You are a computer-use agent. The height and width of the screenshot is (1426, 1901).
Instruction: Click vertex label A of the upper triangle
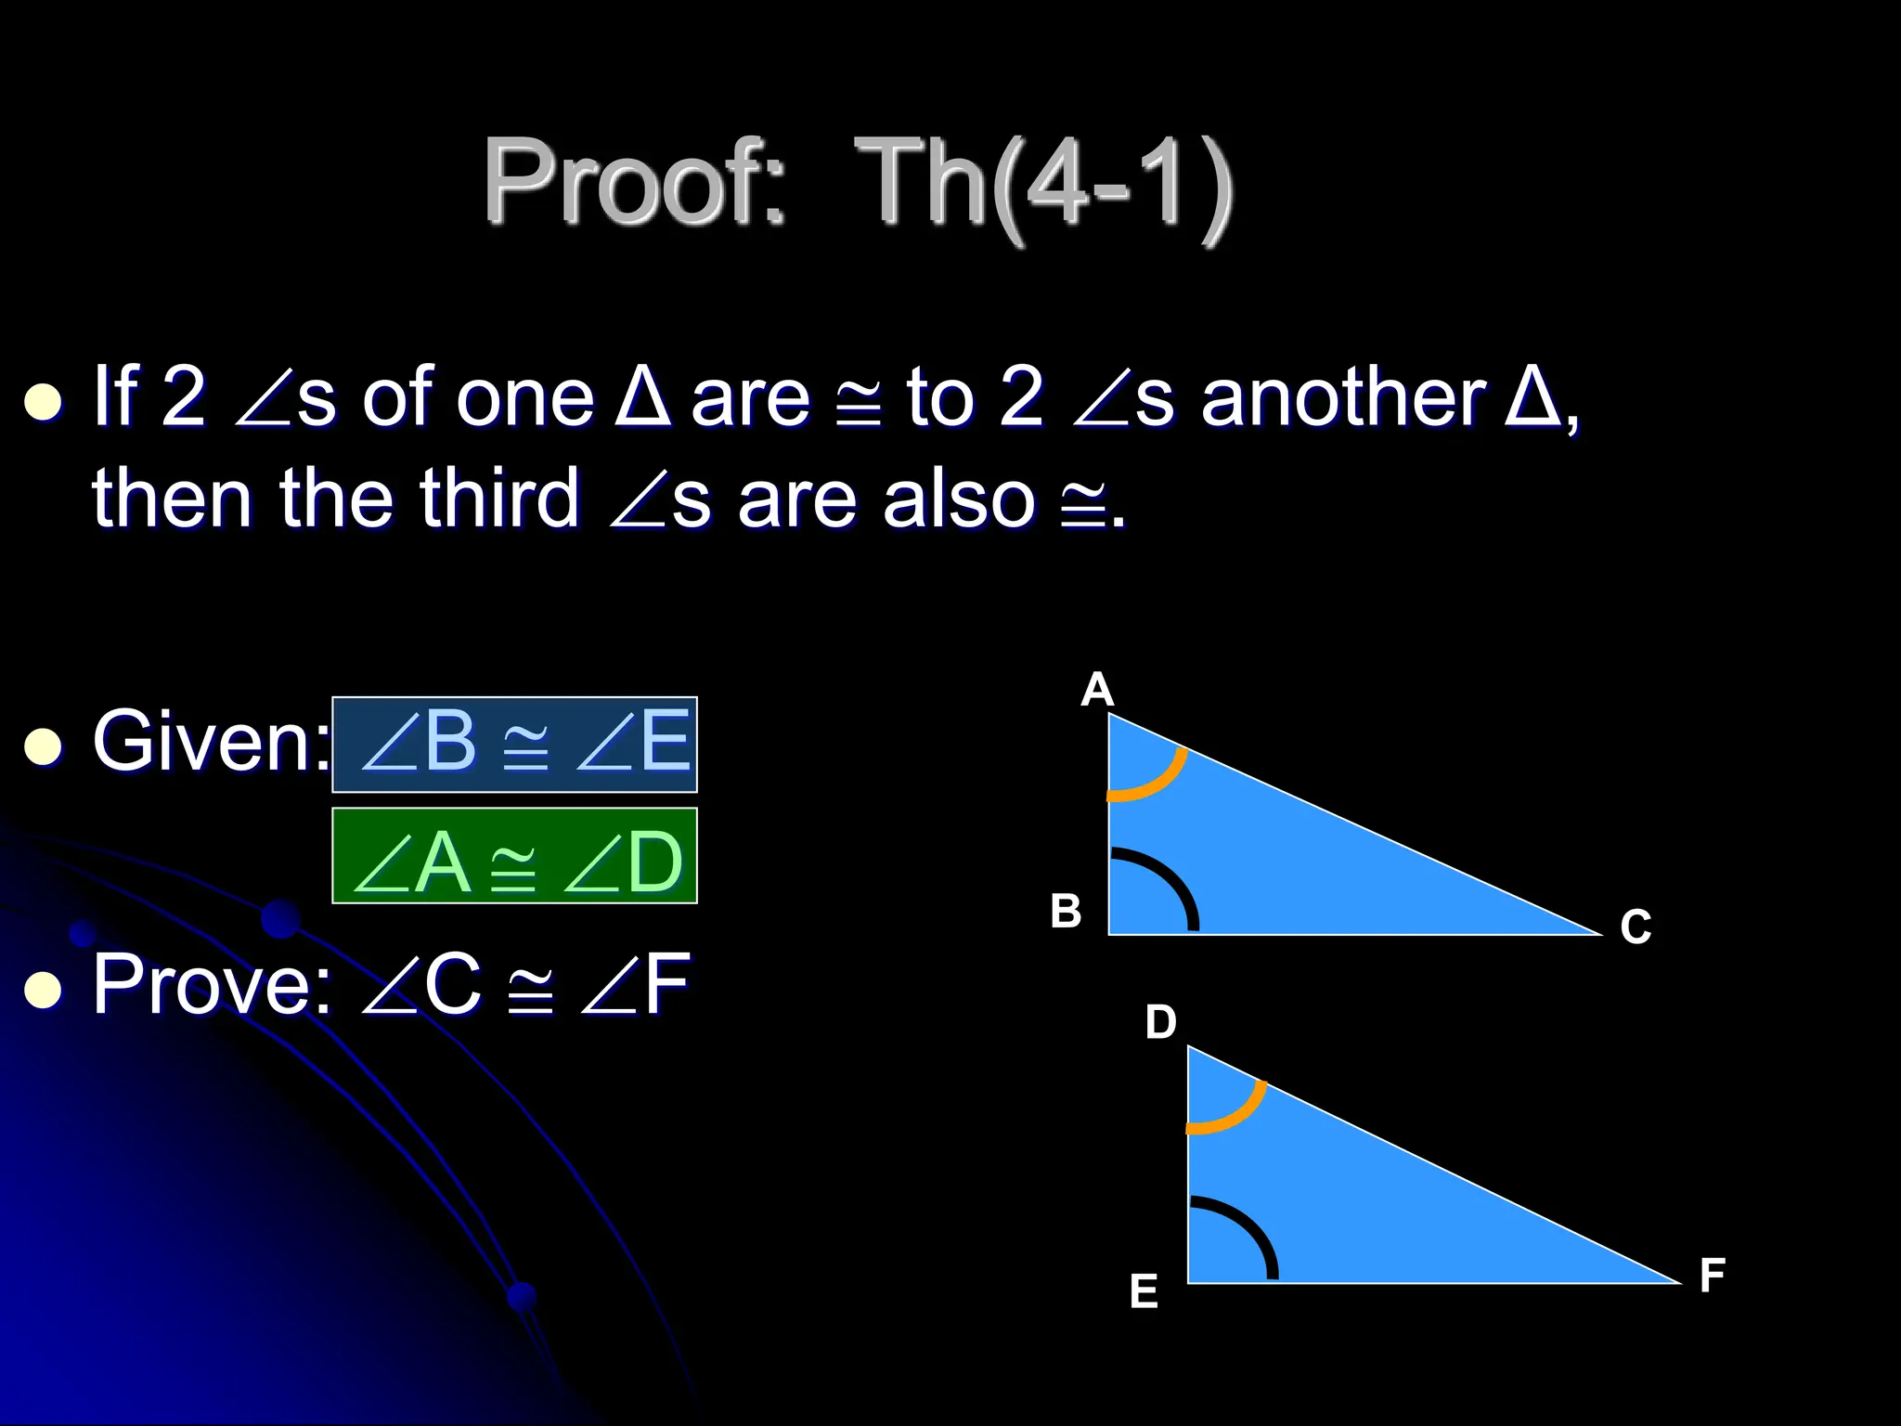coord(1097,691)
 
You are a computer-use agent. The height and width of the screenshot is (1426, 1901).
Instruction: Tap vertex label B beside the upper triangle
coord(1066,912)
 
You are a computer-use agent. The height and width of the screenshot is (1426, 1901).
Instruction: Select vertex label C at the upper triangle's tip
coord(1636,927)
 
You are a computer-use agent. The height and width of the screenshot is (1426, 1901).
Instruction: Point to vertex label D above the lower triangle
coord(1160,1023)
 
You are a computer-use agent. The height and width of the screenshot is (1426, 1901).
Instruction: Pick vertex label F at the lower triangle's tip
coord(1713,1276)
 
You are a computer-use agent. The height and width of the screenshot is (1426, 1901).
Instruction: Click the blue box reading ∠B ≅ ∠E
coord(514,744)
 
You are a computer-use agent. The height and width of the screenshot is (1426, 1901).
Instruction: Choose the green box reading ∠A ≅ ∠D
coord(514,856)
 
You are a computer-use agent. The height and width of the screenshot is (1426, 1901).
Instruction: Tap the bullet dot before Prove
coord(43,991)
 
